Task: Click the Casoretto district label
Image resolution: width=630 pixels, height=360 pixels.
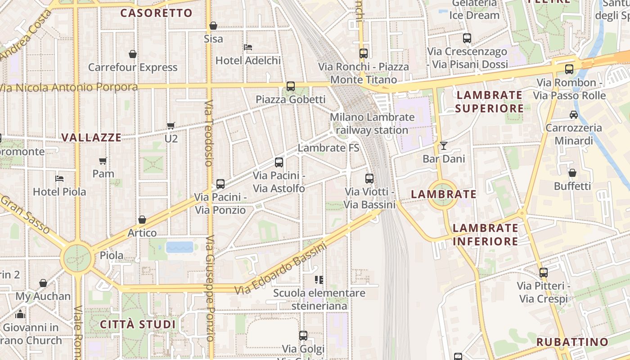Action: pyautogui.click(x=156, y=13)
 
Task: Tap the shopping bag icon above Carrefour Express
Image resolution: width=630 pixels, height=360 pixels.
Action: pyautogui.click(x=133, y=54)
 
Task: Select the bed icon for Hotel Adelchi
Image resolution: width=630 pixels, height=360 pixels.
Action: pyautogui.click(x=247, y=47)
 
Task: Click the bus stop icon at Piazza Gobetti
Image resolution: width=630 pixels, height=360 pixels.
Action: pyautogui.click(x=291, y=86)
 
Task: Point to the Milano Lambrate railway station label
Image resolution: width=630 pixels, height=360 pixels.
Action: pyautogui.click(x=372, y=123)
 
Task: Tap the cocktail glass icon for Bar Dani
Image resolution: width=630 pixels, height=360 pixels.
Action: pyautogui.click(x=444, y=145)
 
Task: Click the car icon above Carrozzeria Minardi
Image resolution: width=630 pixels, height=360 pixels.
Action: pyautogui.click(x=574, y=114)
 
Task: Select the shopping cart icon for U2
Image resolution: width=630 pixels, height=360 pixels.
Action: pyautogui.click(x=171, y=126)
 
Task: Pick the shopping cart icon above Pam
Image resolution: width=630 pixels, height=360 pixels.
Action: pyautogui.click(x=103, y=161)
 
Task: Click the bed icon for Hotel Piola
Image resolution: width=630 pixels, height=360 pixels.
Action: pyautogui.click(x=59, y=178)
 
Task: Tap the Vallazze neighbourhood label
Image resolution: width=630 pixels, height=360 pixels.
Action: pyautogui.click(x=91, y=137)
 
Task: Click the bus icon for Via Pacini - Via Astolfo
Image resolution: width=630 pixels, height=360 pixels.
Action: pyautogui.click(x=279, y=162)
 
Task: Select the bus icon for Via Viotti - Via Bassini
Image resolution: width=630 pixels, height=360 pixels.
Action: pyautogui.click(x=369, y=178)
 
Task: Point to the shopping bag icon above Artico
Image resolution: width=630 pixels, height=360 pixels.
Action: pyautogui.click(x=142, y=220)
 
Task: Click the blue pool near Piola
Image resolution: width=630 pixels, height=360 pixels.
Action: pyautogui.click(x=180, y=247)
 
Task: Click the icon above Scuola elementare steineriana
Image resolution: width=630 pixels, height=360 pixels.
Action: pyautogui.click(x=319, y=280)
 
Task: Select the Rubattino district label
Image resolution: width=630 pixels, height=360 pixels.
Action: pyautogui.click(x=572, y=342)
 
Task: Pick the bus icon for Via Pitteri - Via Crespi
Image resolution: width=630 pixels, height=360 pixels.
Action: pyautogui.click(x=544, y=272)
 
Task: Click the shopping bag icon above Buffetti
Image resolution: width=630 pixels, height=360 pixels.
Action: pyautogui.click(x=572, y=173)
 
